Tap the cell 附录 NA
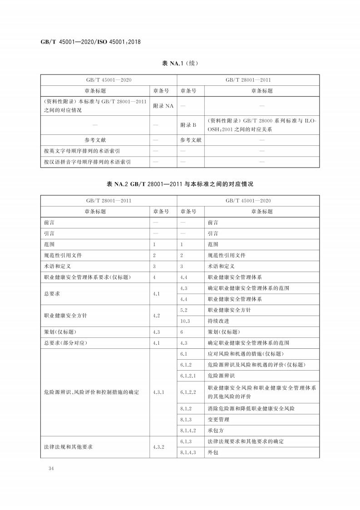pos(163,106)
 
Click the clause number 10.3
pos(186,321)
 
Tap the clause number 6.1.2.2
pos(188,391)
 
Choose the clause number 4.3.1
pos(161,391)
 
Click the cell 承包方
pos(215,431)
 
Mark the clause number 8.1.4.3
pos(188,452)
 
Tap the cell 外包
pos(213,452)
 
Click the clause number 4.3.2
pos(161,447)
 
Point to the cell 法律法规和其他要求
pos(68,447)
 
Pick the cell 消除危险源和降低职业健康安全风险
pos(251,409)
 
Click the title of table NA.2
pos(180,184)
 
